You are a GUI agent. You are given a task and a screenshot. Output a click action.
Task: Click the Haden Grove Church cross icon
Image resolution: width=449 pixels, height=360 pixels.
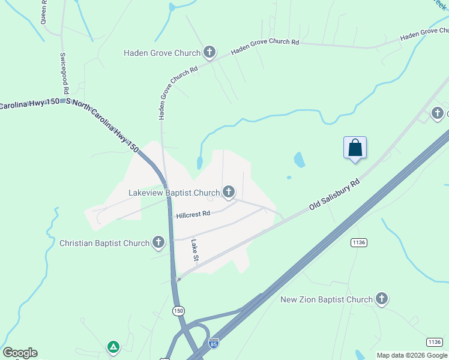(x=209, y=53)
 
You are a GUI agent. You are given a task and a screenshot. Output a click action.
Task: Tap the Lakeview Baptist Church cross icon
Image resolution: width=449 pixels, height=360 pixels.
(x=229, y=193)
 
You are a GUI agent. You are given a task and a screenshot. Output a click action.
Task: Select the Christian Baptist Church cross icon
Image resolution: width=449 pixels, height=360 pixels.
(x=158, y=243)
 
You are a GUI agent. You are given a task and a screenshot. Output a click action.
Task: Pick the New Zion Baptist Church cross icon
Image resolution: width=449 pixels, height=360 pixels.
(x=381, y=299)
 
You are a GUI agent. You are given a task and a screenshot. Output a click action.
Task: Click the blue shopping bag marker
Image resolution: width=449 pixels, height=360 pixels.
(x=355, y=148)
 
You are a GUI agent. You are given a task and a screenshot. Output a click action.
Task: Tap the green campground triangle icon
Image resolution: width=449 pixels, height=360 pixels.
(x=113, y=346)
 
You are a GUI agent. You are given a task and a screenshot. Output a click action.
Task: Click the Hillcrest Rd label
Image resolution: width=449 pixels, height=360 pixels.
(x=193, y=214)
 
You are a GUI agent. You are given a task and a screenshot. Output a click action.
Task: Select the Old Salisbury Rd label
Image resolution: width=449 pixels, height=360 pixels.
(x=334, y=194)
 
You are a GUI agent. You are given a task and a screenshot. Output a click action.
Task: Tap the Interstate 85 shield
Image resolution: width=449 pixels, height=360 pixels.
(x=213, y=343)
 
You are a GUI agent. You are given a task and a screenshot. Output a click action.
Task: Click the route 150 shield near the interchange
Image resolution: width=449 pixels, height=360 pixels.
(x=178, y=311)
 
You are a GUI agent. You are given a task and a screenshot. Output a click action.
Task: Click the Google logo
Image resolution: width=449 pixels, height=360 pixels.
(x=20, y=353)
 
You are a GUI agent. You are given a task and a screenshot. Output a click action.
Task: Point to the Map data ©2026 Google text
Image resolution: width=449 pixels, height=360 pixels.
(x=412, y=355)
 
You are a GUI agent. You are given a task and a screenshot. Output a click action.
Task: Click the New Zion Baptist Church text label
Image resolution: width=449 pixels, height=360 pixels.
(x=327, y=299)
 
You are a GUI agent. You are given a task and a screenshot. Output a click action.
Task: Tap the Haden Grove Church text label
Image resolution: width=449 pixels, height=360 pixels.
(x=162, y=53)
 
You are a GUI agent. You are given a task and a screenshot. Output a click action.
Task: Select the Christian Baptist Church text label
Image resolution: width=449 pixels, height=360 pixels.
(x=104, y=243)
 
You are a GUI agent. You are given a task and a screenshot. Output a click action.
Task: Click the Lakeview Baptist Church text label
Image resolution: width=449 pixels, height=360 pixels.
(x=175, y=193)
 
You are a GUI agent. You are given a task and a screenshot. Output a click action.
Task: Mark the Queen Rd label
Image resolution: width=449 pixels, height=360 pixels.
(x=43, y=12)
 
